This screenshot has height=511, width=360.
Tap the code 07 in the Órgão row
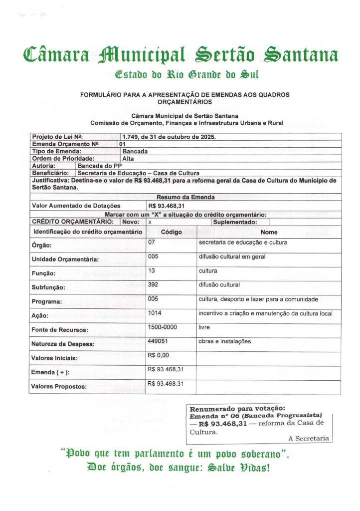(152, 243)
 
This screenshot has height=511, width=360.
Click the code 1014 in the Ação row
(155, 313)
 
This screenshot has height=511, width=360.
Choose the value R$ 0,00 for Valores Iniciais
(159, 355)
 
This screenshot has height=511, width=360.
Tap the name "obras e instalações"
(224, 341)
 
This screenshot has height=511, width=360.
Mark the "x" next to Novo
(150, 222)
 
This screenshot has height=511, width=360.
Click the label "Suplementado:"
(235, 222)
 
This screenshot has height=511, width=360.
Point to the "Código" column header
(171, 232)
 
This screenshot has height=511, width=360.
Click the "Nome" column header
(269, 232)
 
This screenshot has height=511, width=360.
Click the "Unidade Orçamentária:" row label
(65, 259)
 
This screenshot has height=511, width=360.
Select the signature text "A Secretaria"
(309, 438)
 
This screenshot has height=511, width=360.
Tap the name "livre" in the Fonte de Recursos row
(204, 327)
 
